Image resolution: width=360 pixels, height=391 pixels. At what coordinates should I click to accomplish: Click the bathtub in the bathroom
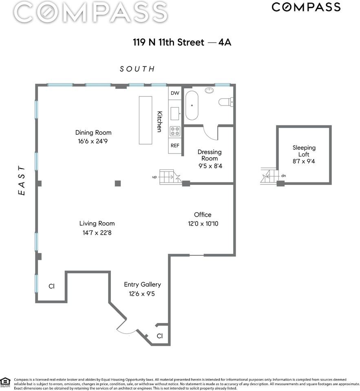[192, 105]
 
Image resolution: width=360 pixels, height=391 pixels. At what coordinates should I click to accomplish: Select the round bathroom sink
[210, 90]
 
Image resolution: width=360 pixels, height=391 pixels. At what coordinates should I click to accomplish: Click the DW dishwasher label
[175, 93]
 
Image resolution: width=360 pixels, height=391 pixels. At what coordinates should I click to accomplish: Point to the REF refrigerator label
[175, 145]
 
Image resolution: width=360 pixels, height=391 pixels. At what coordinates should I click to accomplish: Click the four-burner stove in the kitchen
[175, 131]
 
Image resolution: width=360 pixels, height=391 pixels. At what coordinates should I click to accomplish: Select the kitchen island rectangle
[146, 120]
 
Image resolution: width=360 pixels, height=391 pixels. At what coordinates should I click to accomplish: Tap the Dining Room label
[93, 132]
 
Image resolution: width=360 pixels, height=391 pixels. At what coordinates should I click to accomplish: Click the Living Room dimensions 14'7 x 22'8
[97, 233]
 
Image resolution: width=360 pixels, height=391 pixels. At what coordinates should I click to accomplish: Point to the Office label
[203, 215]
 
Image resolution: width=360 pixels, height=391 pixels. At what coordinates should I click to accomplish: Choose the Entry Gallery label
[142, 284]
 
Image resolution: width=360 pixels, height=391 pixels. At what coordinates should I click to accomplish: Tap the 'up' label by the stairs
[154, 177]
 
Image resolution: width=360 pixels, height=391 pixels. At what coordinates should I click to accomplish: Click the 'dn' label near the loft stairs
[283, 176]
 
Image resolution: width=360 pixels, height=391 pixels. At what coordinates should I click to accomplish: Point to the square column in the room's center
[118, 183]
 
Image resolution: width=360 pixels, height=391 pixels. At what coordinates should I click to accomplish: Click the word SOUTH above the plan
[137, 69]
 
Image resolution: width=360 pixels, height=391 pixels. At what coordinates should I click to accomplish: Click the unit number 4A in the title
[225, 42]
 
